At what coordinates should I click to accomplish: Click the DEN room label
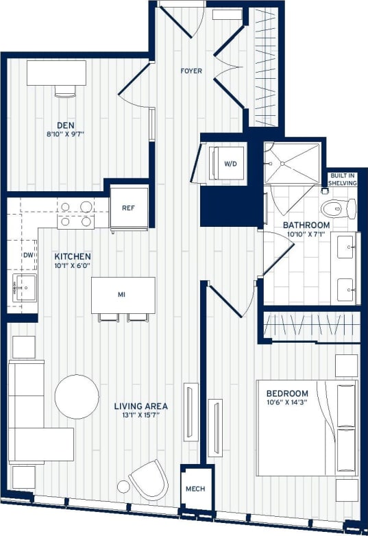pos(66,125)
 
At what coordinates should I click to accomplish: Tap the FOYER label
pos(191,71)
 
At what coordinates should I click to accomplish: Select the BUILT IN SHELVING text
pos(342,180)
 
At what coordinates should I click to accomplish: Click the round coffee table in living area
pos(77,396)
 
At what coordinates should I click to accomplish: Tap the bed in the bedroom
pos(306,428)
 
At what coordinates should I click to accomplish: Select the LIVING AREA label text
pos(141,406)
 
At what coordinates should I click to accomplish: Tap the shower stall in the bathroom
pos(293,163)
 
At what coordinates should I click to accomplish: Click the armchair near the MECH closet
pos(149,479)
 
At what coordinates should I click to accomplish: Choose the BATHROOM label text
pos(307,225)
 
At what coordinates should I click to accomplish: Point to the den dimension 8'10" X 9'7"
pos(66,135)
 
